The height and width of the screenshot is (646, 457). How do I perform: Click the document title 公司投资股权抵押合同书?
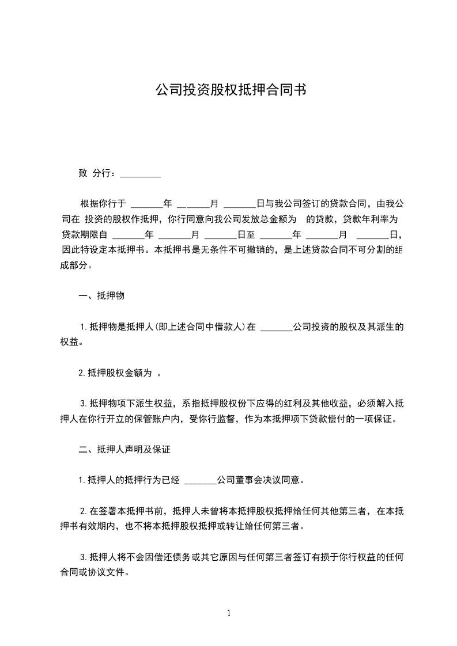coord(228,90)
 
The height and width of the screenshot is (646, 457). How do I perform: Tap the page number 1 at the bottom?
coord(229,613)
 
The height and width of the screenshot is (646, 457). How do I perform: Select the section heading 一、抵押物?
coord(101,296)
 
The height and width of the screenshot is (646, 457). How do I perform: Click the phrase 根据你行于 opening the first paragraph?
coord(103,204)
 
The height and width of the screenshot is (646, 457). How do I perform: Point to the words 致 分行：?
coord(97,173)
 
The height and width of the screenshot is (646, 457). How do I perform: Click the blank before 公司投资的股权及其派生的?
coord(277,327)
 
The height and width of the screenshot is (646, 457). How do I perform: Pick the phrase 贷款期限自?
coord(85,235)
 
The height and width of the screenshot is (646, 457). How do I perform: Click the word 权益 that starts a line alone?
coord(70,343)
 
